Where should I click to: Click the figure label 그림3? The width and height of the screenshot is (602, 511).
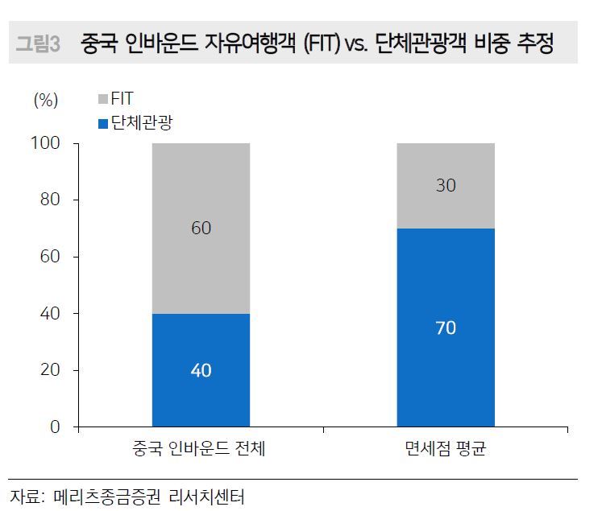point(38,44)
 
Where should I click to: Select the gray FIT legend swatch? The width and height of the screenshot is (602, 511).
point(102,100)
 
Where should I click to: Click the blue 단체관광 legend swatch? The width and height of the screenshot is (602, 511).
point(102,124)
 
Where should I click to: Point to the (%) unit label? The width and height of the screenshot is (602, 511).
point(46,100)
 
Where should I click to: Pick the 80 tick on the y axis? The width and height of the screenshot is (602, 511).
point(49,200)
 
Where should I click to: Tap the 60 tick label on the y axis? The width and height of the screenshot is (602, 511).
point(49,257)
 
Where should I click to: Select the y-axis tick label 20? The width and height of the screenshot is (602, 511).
point(49,370)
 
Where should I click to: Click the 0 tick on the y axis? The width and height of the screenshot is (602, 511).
point(55,427)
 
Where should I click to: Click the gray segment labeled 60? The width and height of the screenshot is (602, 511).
point(201,229)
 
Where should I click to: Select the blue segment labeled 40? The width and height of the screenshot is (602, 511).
point(201,370)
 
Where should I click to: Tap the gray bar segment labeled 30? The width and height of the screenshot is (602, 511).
point(446,186)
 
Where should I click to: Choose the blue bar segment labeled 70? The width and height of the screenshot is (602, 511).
point(446,328)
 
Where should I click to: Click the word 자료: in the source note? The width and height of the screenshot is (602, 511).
point(27,495)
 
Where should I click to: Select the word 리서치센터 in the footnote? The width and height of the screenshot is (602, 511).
point(206,495)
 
